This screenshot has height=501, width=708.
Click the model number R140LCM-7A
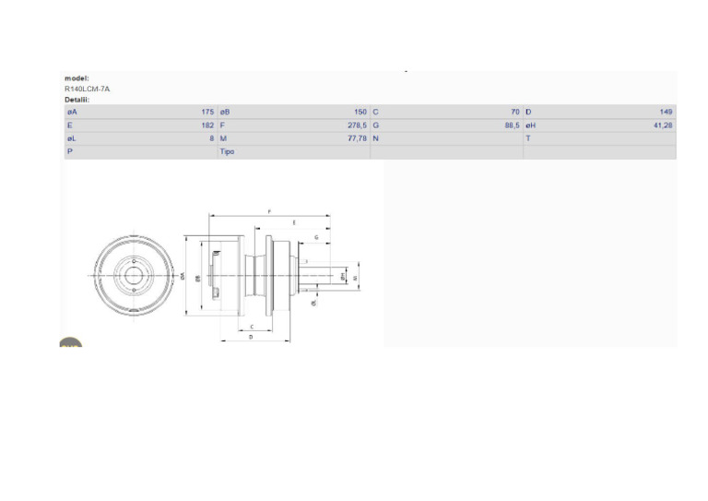87,89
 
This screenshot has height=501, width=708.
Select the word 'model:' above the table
77,78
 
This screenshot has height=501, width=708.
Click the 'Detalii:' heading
77,99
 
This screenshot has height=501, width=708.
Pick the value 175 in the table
207,112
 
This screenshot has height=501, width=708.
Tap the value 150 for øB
360,112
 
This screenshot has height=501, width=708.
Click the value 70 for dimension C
515,112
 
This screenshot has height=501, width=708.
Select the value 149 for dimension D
666,112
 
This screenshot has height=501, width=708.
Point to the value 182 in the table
207,125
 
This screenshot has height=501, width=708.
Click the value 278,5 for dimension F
358,125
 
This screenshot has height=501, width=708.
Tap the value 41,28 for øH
663,125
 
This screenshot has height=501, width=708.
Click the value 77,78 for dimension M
358,137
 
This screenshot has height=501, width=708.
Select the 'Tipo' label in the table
227,151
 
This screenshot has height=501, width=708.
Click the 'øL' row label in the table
71,137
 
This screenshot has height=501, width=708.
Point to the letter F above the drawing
270,211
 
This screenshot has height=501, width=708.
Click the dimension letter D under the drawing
252,338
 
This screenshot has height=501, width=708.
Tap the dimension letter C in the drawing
252,326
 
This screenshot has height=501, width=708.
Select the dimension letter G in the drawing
316,237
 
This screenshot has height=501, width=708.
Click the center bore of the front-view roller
135,275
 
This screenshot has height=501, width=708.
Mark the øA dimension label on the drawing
183,276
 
